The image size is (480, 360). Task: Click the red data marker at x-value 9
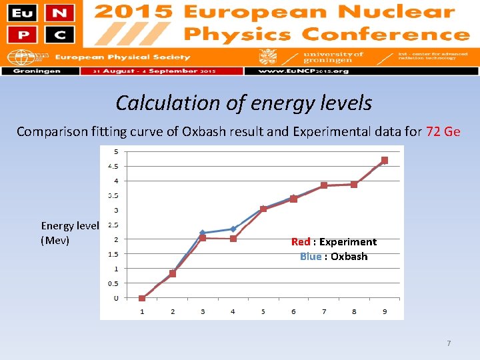coord(385,161)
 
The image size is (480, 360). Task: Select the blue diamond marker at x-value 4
coord(233,229)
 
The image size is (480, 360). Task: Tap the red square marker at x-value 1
coord(142,298)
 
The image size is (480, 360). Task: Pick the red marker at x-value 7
coord(324,185)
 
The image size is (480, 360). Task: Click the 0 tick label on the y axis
coord(115,298)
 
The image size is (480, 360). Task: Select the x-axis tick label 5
coord(263,311)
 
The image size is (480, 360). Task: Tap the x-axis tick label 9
coord(385,311)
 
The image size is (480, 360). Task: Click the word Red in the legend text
coord(301,242)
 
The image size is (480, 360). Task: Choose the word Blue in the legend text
coord(310,257)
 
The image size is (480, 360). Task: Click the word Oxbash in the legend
coord(349,257)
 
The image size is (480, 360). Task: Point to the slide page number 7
coord(449,343)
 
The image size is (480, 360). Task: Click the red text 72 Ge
coord(443,131)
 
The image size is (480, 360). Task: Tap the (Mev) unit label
coord(55,240)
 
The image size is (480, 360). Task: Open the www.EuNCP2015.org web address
coord(294,71)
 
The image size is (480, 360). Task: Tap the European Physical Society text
coord(122,57)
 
